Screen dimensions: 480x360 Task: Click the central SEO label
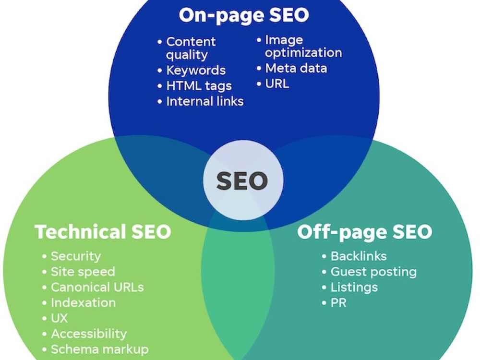(242, 180)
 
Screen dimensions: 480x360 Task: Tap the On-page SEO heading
(244, 15)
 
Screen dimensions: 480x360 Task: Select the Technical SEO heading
(103, 232)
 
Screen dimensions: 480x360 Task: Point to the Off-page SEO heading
(365, 232)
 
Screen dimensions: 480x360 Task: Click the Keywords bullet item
(196, 71)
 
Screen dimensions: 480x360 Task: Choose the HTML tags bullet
(199, 86)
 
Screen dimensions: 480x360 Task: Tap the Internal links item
(205, 101)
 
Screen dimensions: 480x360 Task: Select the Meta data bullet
(296, 68)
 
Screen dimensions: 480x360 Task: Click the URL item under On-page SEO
(277, 84)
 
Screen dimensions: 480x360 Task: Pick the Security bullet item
(76, 256)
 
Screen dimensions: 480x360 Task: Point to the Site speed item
(83, 272)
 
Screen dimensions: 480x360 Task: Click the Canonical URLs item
(97, 287)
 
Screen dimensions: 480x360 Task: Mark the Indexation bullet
(83, 303)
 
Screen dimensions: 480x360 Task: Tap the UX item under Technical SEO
(59, 318)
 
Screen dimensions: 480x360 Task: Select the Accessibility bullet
(89, 334)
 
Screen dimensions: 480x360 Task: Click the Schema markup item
(100, 349)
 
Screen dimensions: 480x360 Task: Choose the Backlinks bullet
(359, 256)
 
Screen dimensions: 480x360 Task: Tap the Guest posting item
(374, 272)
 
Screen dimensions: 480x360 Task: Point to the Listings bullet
(355, 288)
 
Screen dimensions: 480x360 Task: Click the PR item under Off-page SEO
(338, 303)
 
